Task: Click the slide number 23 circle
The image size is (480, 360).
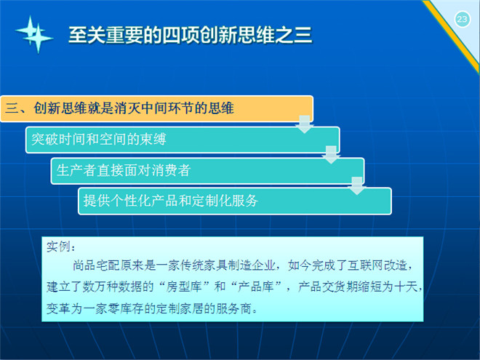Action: tap(462, 20)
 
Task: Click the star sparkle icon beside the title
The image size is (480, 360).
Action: tap(34, 34)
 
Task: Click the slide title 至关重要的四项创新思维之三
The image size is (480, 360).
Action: tap(190, 35)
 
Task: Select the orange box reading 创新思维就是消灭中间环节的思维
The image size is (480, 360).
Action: tap(157, 108)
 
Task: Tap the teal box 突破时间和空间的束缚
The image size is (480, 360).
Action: tap(183, 140)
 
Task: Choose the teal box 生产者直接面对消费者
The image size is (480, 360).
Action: tap(207, 170)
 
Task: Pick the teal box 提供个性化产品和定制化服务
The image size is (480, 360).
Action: tap(235, 201)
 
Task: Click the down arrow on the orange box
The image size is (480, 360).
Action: tap(305, 124)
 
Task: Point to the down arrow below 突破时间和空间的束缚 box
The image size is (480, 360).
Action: tap(331, 155)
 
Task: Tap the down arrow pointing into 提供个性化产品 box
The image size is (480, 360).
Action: tap(357, 185)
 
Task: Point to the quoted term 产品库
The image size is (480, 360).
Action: tap(255, 287)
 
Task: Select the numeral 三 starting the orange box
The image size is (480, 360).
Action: tap(12, 108)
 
